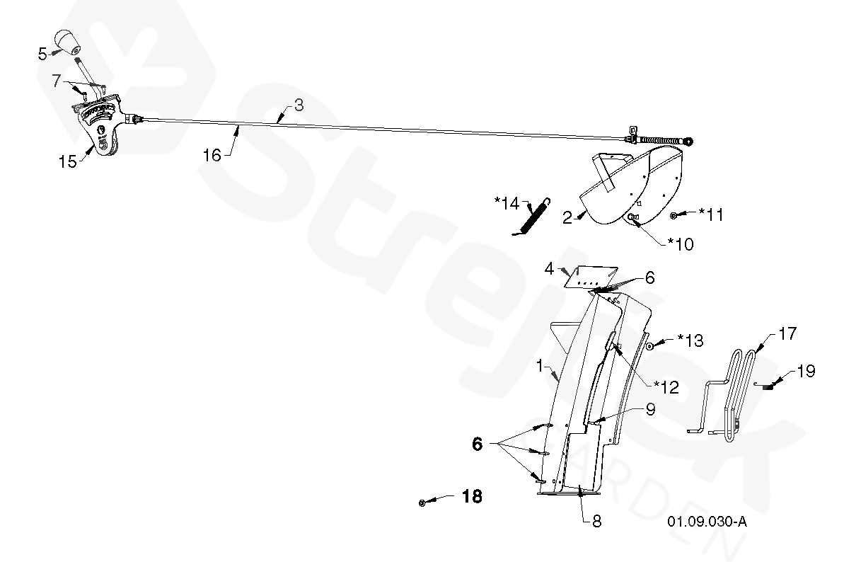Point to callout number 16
tap(213, 155)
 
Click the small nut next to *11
tap(675, 214)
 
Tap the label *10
tap(681, 244)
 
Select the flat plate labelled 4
tap(591, 276)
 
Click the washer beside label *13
tap(648, 347)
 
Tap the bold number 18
tap(473, 497)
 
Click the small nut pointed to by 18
tap(422, 503)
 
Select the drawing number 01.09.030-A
tap(707, 522)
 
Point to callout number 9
tap(649, 408)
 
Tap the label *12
tap(666, 386)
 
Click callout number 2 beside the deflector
tap(567, 217)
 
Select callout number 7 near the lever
tap(57, 81)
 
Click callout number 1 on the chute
tap(539, 367)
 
